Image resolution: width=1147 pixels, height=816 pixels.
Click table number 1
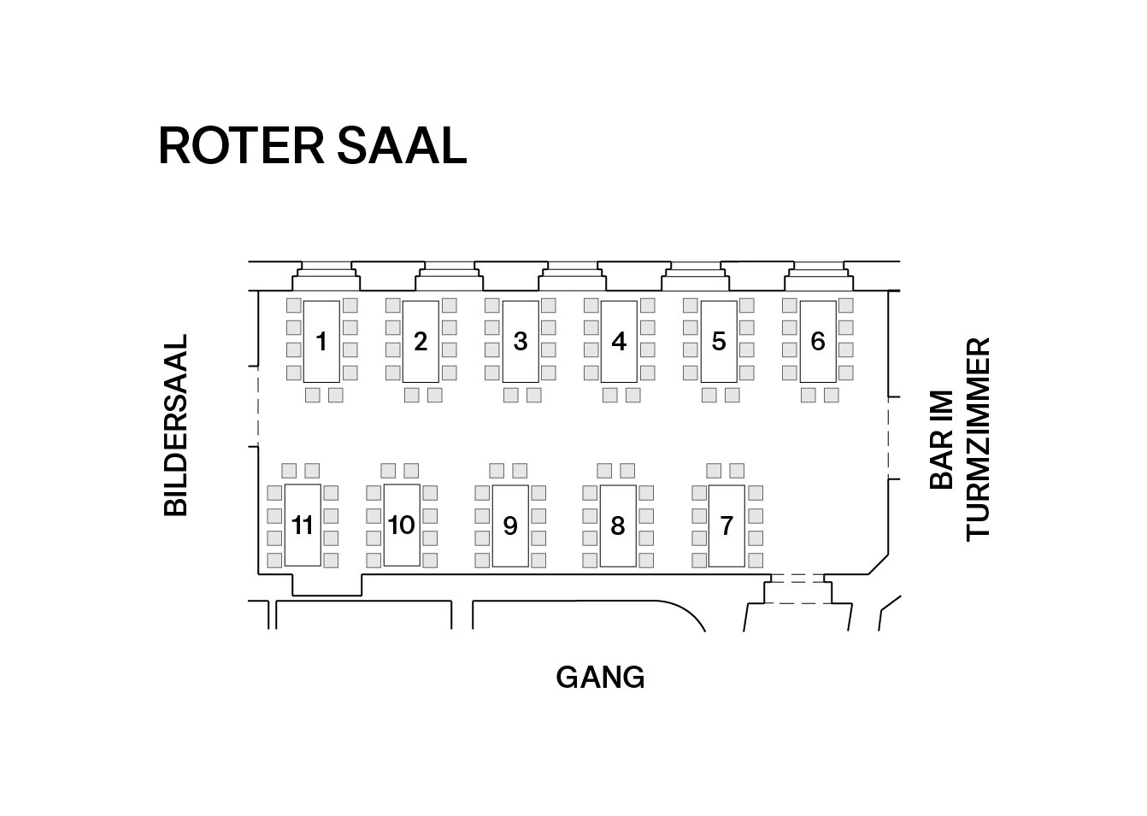tap(321, 342)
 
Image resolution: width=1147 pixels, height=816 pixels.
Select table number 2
tap(421, 342)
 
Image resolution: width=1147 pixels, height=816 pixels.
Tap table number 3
tap(521, 342)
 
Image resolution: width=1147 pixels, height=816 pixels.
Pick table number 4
tap(619, 342)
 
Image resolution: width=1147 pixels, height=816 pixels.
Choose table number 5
tap(719, 342)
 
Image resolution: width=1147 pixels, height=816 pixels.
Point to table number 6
tap(818, 342)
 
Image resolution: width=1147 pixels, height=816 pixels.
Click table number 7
tap(726, 525)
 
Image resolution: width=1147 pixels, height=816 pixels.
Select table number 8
tap(618, 525)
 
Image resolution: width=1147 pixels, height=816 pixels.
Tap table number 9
tap(510, 525)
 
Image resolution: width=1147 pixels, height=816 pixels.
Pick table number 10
tap(402, 525)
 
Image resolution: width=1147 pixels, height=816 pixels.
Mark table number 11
tap(303, 525)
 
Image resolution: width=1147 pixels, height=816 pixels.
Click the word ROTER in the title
tap(241, 146)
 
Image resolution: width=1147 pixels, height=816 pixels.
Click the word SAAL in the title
tap(402, 146)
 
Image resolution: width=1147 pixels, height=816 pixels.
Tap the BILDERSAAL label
tap(175, 425)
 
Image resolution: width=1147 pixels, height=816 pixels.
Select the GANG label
tap(600, 678)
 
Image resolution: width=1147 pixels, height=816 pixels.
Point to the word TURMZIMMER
tap(978, 438)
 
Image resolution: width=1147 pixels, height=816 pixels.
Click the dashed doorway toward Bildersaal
tap(258, 407)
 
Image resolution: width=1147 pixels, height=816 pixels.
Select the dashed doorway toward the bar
tap(888, 438)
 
